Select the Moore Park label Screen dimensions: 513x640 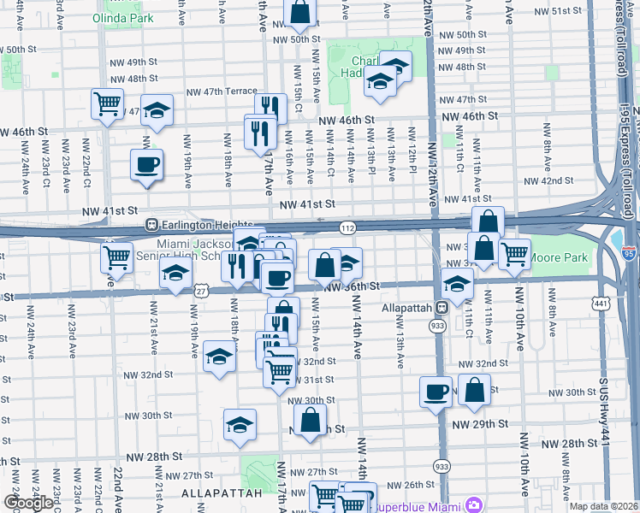tap(558, 256)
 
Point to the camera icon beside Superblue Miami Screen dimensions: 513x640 tap(474, 506)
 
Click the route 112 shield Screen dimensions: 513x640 tap(347, 228)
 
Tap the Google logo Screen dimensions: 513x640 tap(28, 503)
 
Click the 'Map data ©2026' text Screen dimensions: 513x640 tap(603, 506)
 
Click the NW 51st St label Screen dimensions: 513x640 tap(553, 10)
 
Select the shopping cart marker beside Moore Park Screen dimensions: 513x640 tap(514, 253)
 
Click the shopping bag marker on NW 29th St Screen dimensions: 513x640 tap(311, 421)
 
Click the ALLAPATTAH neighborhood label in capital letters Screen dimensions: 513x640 tap(214, 494)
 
